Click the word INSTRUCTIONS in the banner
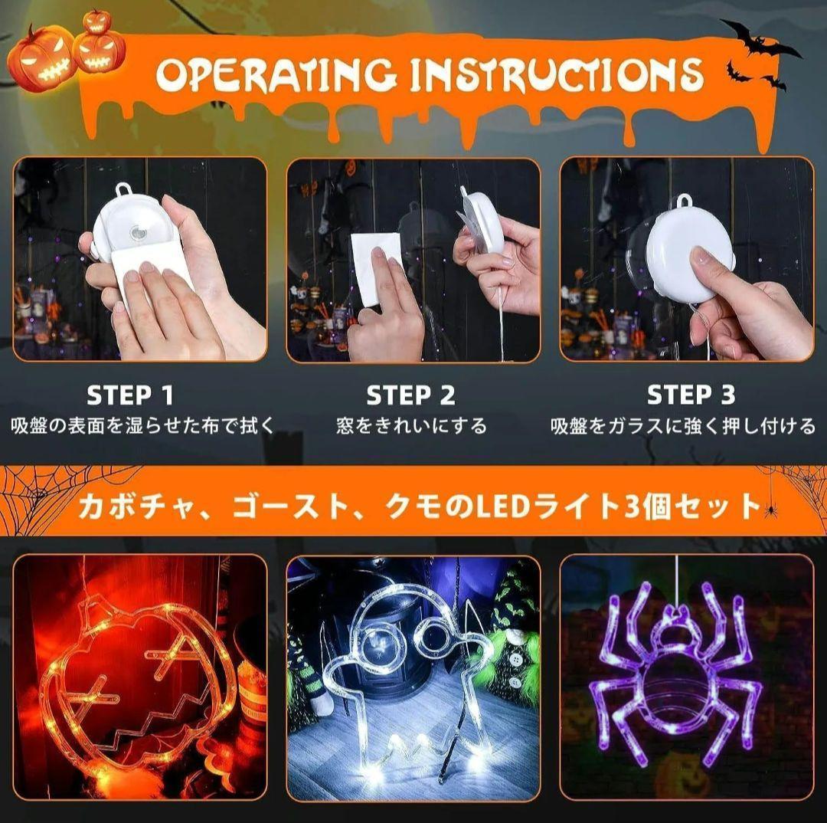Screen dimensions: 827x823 pos(557,74)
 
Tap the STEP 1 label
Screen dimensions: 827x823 pos(129,395)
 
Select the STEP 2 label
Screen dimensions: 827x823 pos(410,395)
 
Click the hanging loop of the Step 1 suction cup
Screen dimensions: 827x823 pos(123,189)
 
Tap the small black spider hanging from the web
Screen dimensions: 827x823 pos(771,510)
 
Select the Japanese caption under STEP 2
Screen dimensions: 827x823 pos(411,425)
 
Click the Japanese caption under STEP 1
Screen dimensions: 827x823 pos(143,425)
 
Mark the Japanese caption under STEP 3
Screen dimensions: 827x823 pos(684,425)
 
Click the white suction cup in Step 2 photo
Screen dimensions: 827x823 pos(481,221)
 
